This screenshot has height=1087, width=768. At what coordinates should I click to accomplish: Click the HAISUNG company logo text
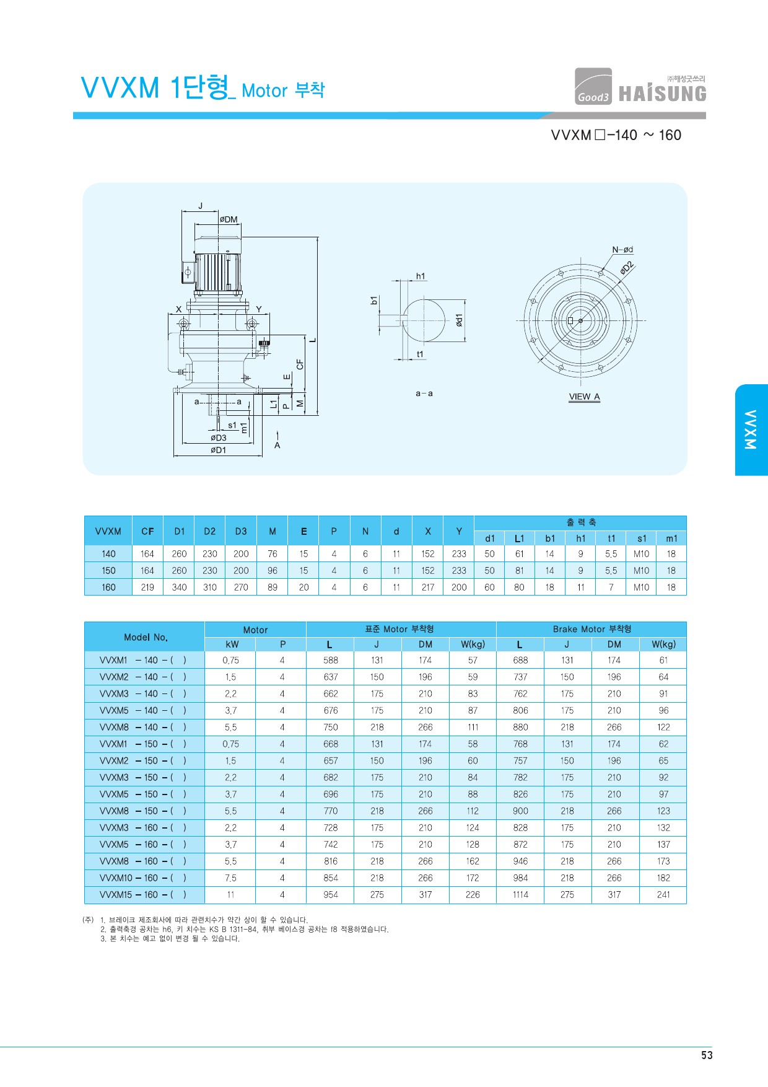tap(662, 94)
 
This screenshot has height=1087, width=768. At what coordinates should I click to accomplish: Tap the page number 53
tap(707, 1055)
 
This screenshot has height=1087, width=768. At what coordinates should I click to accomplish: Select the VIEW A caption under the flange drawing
tap(585, 397)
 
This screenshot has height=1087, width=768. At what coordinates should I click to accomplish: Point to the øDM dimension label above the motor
tap(229, 219)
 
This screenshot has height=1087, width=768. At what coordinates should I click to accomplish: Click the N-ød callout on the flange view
tap(622, 250)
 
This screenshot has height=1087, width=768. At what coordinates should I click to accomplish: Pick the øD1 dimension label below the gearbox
tap(218, 450)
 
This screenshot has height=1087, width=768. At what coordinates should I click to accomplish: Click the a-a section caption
tap(424, 394)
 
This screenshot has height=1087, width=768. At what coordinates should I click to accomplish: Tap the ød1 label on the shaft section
tap(459, 320)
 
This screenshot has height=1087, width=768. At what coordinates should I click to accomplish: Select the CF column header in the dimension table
tap(147, 531)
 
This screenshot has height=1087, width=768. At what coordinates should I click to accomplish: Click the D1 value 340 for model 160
tap(179, 587)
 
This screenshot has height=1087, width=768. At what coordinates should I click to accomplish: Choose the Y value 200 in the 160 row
tap(459, 587)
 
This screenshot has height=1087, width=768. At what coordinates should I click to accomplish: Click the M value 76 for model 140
tap(273, 554)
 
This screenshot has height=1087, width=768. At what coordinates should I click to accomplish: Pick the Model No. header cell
tap(146, 637)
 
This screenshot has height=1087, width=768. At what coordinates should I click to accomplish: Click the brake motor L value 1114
tap(520, 895)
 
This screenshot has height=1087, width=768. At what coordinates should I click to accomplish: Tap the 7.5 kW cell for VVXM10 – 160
tap(230, 878)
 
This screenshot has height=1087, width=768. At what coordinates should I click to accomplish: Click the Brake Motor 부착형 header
tap(592, 629)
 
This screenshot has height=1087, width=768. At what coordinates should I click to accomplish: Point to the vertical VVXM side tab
tap(751, 429)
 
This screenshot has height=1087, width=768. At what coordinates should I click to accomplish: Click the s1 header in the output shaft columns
tap(642, 539)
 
